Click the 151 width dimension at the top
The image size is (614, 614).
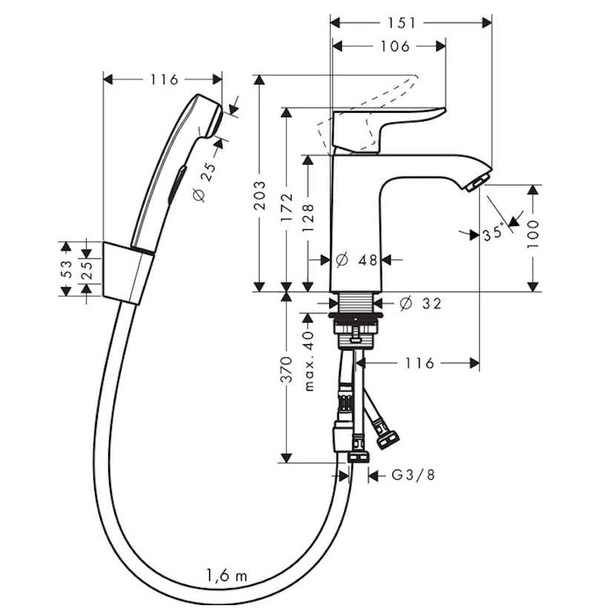pos(402,23)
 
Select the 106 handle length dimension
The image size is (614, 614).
pos(395,46)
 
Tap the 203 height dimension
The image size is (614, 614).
pos(260,195)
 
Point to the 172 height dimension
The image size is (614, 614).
pos(287,208)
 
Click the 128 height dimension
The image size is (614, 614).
pos(308,218)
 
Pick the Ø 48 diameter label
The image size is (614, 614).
pos(357,260)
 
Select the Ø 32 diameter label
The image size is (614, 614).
pos(421,303)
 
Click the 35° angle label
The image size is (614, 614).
pos(493,233)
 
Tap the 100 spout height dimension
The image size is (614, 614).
pos(533,234)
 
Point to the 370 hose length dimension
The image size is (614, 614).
pos(287,369)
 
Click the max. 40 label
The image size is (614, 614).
pos(309,361)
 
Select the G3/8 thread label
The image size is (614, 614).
pos(414,475)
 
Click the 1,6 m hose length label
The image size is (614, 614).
pos(227,575)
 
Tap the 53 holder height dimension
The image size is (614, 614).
pos(67,269)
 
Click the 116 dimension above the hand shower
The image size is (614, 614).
pos(165,79)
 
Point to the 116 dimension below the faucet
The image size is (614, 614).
pos(420,363)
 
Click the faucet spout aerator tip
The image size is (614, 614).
pos(478,183)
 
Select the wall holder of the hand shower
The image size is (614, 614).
pos(128,273)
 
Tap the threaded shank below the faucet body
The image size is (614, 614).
pos(356,303)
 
